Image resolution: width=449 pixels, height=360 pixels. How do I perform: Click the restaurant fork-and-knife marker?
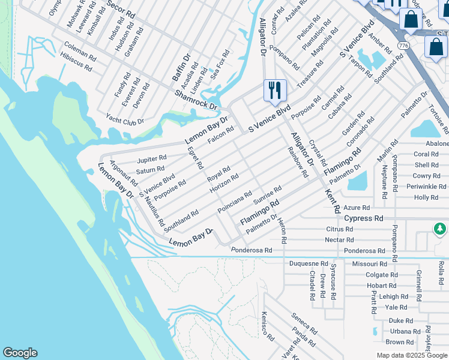point(275,91)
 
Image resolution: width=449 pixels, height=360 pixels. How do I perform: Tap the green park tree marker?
point(440,229)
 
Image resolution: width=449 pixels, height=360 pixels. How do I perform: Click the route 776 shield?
point(403,46)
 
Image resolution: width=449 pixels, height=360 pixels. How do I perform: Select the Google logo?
point(20,353)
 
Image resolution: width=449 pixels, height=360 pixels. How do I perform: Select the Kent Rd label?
point(333,201)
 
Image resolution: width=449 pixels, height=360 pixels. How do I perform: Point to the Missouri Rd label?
point(369,263)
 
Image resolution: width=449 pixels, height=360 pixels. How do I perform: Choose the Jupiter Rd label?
point(151,160)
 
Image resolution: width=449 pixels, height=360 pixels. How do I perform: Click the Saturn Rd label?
point(150,170)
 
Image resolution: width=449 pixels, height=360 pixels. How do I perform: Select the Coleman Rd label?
point(80,51)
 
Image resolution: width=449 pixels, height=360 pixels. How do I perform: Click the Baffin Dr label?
point(181,67)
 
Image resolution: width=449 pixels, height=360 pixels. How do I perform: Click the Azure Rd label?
point(357,208)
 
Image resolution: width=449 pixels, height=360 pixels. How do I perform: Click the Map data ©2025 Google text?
point(411,355)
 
